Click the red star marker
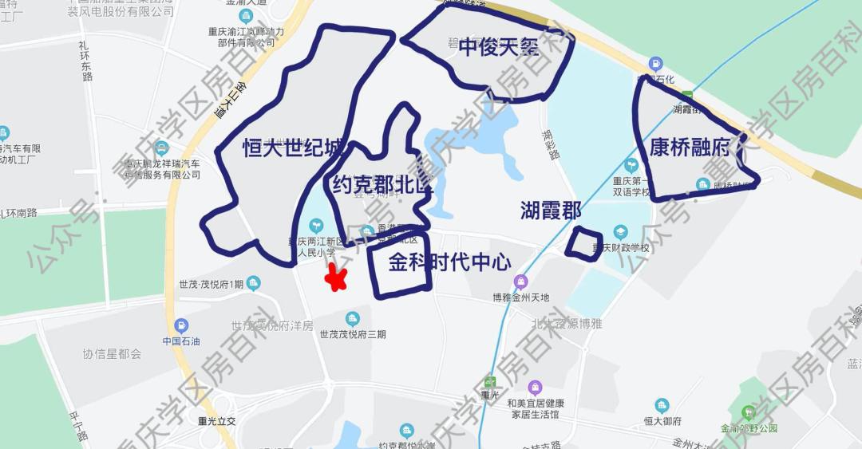(336, 278)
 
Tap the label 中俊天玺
(498, 47)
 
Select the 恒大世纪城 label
(294, 148)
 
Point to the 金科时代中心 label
(449, 262)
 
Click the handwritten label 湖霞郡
(550, 211)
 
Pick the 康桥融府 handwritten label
(690, 148)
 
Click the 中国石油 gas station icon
(181, 325)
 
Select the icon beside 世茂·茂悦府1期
(254, 283)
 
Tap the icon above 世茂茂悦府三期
(352, 319)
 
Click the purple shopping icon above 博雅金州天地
(521, 282)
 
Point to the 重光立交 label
(218, 420)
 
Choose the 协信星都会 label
(112, 353)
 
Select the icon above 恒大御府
(661, 405)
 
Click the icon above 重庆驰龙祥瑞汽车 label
(162, 148)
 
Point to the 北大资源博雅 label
(566, 324)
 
